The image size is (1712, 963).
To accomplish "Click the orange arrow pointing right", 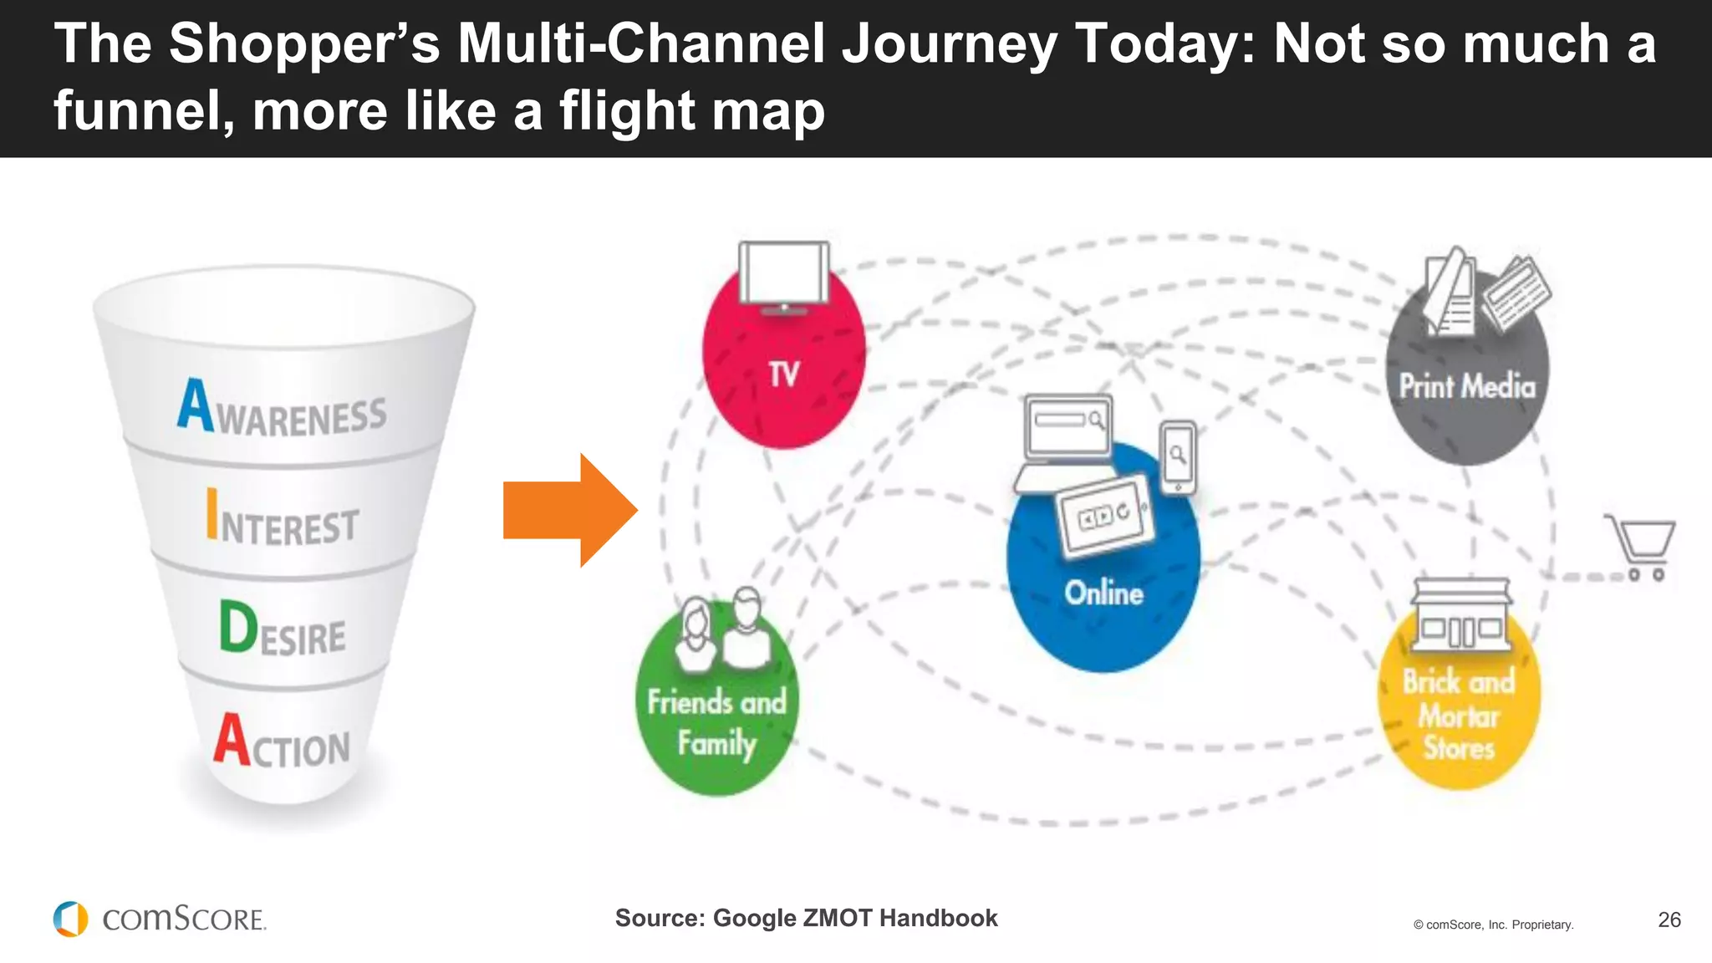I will (x=568, y=511).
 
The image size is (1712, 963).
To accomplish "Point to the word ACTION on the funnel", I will (x=283, y=742).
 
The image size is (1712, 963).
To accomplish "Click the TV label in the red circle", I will (x=784, y=374).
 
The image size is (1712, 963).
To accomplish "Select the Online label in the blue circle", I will (x=1103, y=594).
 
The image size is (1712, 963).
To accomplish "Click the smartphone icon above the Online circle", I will (x=1178, y=456).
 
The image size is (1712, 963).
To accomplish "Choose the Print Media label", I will (x=1467, y=386).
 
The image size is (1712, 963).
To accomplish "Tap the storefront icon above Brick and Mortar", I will (x=1460, y=614).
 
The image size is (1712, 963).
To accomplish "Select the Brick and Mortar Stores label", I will (x=1459, y=715).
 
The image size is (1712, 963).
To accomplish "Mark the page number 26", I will (x=1669, y=920).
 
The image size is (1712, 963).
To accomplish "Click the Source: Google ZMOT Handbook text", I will (x=806, y=918).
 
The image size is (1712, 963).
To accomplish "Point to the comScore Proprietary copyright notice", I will (x=1493, y=925).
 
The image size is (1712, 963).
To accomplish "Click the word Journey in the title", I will (x=949, y=43).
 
